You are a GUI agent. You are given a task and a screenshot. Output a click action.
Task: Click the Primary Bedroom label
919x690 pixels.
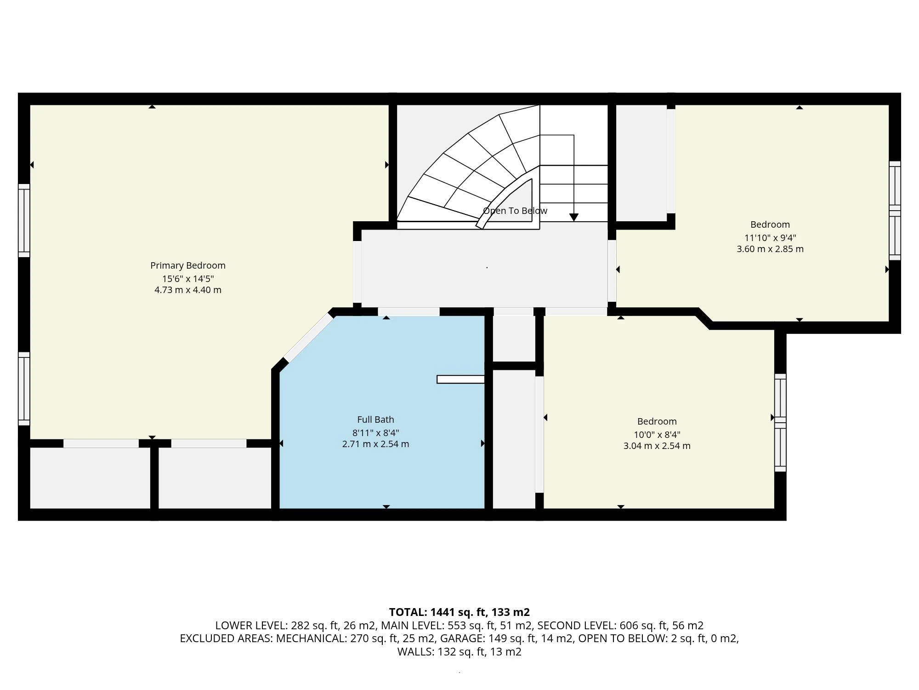(187, 265)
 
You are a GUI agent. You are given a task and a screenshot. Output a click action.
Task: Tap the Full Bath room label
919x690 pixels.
(375, 420)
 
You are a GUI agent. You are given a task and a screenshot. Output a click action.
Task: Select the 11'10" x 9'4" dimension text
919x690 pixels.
(770, 238)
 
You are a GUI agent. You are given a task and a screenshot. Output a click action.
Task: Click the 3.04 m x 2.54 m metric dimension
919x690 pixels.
(657, 446)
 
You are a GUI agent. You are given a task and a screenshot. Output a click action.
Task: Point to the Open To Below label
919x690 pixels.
(515, 211)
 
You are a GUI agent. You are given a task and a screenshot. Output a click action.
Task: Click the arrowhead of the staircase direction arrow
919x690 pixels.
(573, 217)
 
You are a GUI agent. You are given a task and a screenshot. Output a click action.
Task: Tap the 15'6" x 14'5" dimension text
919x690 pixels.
(187, 279)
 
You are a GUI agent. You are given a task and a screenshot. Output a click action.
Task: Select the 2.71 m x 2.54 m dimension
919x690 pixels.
(375, 444)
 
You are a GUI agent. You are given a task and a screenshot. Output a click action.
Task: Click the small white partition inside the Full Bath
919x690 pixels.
(460, 379)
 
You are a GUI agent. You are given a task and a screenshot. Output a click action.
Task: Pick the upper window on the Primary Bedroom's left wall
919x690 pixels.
(24, 221)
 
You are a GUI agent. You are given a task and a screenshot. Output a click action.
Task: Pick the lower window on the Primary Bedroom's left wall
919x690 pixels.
(24, 389)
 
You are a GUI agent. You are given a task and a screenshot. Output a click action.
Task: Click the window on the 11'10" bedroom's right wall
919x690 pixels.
(895, 211)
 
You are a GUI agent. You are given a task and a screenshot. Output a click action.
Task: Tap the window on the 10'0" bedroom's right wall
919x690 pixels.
(780, 423)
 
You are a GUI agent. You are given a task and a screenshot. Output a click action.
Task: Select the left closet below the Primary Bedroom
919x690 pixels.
(90, 477)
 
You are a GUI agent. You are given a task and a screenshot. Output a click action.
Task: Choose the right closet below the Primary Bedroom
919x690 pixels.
(215, 477)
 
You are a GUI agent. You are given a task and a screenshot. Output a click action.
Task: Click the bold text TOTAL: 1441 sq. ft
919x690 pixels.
(459, 612)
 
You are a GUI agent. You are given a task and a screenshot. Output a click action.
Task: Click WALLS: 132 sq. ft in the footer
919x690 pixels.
(459, 652)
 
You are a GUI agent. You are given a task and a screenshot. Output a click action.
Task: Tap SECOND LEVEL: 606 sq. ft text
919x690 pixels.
(620, 626)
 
